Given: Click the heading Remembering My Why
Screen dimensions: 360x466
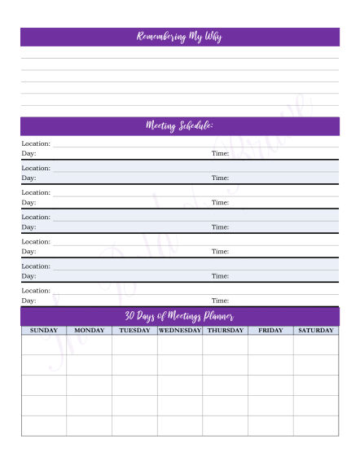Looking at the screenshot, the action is (179, 37).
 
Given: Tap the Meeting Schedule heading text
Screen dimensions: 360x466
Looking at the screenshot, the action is (179, 125).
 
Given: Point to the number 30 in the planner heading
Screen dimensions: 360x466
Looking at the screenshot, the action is (130, 316).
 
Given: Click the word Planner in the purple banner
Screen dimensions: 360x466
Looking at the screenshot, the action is (216, 316).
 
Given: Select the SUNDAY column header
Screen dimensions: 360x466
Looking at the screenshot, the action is (44, 331).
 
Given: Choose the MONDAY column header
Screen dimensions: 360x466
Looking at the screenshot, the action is (90, 331).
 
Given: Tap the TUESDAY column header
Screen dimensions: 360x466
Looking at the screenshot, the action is (134, 331).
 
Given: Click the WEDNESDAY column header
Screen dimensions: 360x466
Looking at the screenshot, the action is (180, 331).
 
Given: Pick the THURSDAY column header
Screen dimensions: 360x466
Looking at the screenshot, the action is (226, 331).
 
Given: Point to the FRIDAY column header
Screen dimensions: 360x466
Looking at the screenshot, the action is (270, 331).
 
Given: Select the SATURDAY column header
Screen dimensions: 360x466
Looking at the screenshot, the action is (316, 331).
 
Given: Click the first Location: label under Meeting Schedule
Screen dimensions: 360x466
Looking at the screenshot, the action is (36, 143).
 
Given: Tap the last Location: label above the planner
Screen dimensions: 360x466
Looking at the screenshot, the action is (36, 290).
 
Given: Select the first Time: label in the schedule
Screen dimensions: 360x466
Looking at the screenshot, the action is (220, 153).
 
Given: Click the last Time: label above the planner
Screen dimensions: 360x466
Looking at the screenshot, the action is (220, 301).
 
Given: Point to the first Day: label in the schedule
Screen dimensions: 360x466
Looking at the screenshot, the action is (29, 153).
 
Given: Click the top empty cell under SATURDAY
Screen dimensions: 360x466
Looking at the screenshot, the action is (316, 345).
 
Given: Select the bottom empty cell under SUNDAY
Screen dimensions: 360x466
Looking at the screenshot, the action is (44, 426).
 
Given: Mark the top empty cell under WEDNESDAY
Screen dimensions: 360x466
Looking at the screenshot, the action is (180, 345).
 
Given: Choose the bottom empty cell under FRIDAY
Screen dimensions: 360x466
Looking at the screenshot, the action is (270, 426).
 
